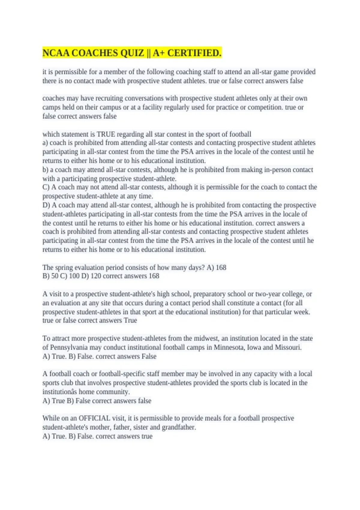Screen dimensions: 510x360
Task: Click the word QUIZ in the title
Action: (132, 53)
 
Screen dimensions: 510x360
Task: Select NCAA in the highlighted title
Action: (56, 53)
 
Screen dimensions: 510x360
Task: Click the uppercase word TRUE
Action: (106, 134)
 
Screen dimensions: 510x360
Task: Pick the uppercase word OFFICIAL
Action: (94, 418)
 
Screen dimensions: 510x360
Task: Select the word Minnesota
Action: (229, 347)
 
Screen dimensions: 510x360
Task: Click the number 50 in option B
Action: (55, 276)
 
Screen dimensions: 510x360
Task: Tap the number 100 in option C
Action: (74, 276)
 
